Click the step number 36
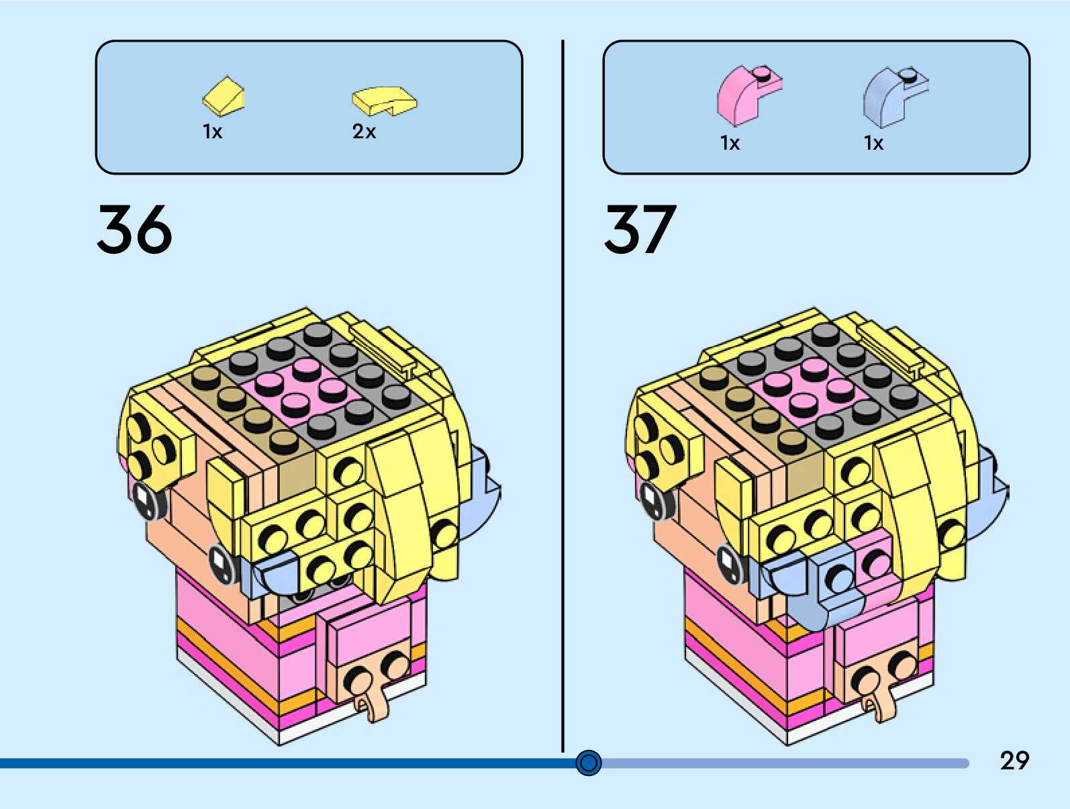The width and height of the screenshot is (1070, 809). [134, 230]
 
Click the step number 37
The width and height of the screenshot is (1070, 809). [640, 230]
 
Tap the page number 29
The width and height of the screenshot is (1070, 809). [1014, 760]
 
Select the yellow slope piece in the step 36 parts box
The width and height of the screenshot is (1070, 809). [224, 96]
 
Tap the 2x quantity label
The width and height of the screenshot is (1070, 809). [364, 132]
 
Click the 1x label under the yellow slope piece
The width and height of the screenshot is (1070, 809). [212, 132]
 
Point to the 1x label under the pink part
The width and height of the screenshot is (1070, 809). [730, 143]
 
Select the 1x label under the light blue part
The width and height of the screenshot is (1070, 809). [873, 143]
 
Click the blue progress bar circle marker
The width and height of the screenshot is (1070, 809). [589, 763]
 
